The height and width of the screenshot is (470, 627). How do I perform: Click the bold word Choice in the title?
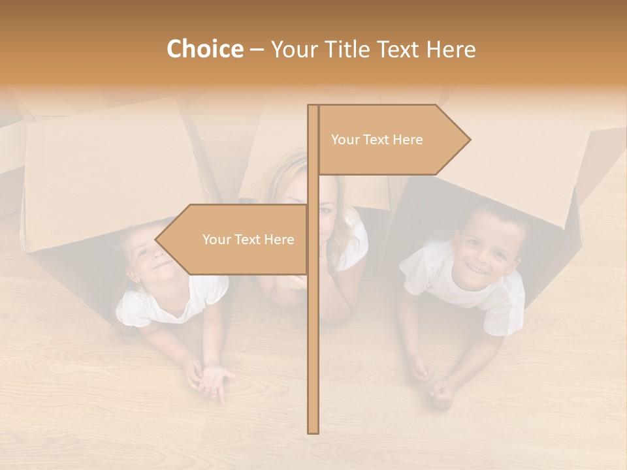point(204,50)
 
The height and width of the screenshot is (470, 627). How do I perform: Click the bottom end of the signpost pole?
point(313,430)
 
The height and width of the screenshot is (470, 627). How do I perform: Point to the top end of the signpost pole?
point(313,107)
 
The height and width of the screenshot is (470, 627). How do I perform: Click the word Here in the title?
point(451,50)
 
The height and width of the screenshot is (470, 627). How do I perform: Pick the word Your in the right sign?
point(345,140)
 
